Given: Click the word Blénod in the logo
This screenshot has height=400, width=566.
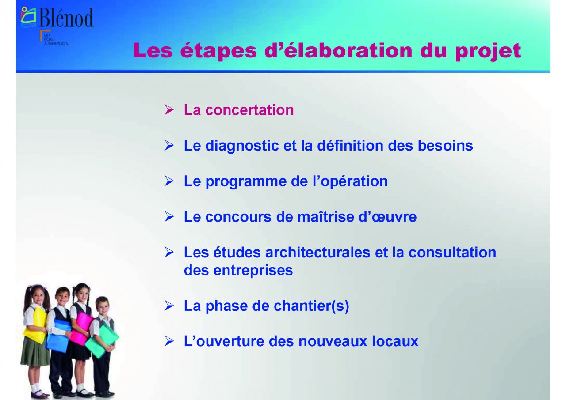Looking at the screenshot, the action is (x=66, y=17).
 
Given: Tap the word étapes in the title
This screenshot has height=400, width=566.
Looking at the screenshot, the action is (x=218, y=51).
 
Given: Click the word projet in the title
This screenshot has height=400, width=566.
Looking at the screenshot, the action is (x=488, y=51).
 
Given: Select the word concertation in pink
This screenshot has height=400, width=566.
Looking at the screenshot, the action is (x=249, y=110).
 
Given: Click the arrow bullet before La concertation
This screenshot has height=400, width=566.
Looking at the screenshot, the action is (x=169, y=109).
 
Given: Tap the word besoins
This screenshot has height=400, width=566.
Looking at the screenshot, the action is (x=445, y=146).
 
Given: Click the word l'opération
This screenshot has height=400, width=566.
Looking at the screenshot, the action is (x=350, y=181).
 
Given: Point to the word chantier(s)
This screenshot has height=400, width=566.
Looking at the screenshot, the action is (x=311, y=306).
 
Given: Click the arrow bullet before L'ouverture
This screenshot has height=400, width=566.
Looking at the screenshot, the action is (x=169, y=341).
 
